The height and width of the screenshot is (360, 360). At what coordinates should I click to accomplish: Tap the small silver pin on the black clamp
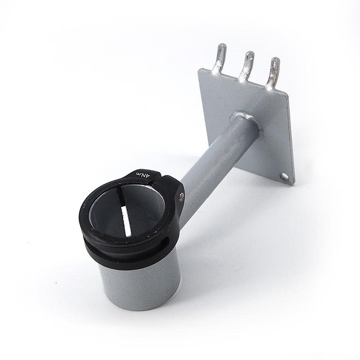(181, 195)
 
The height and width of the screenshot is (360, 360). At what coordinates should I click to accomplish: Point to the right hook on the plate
(273, 72)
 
